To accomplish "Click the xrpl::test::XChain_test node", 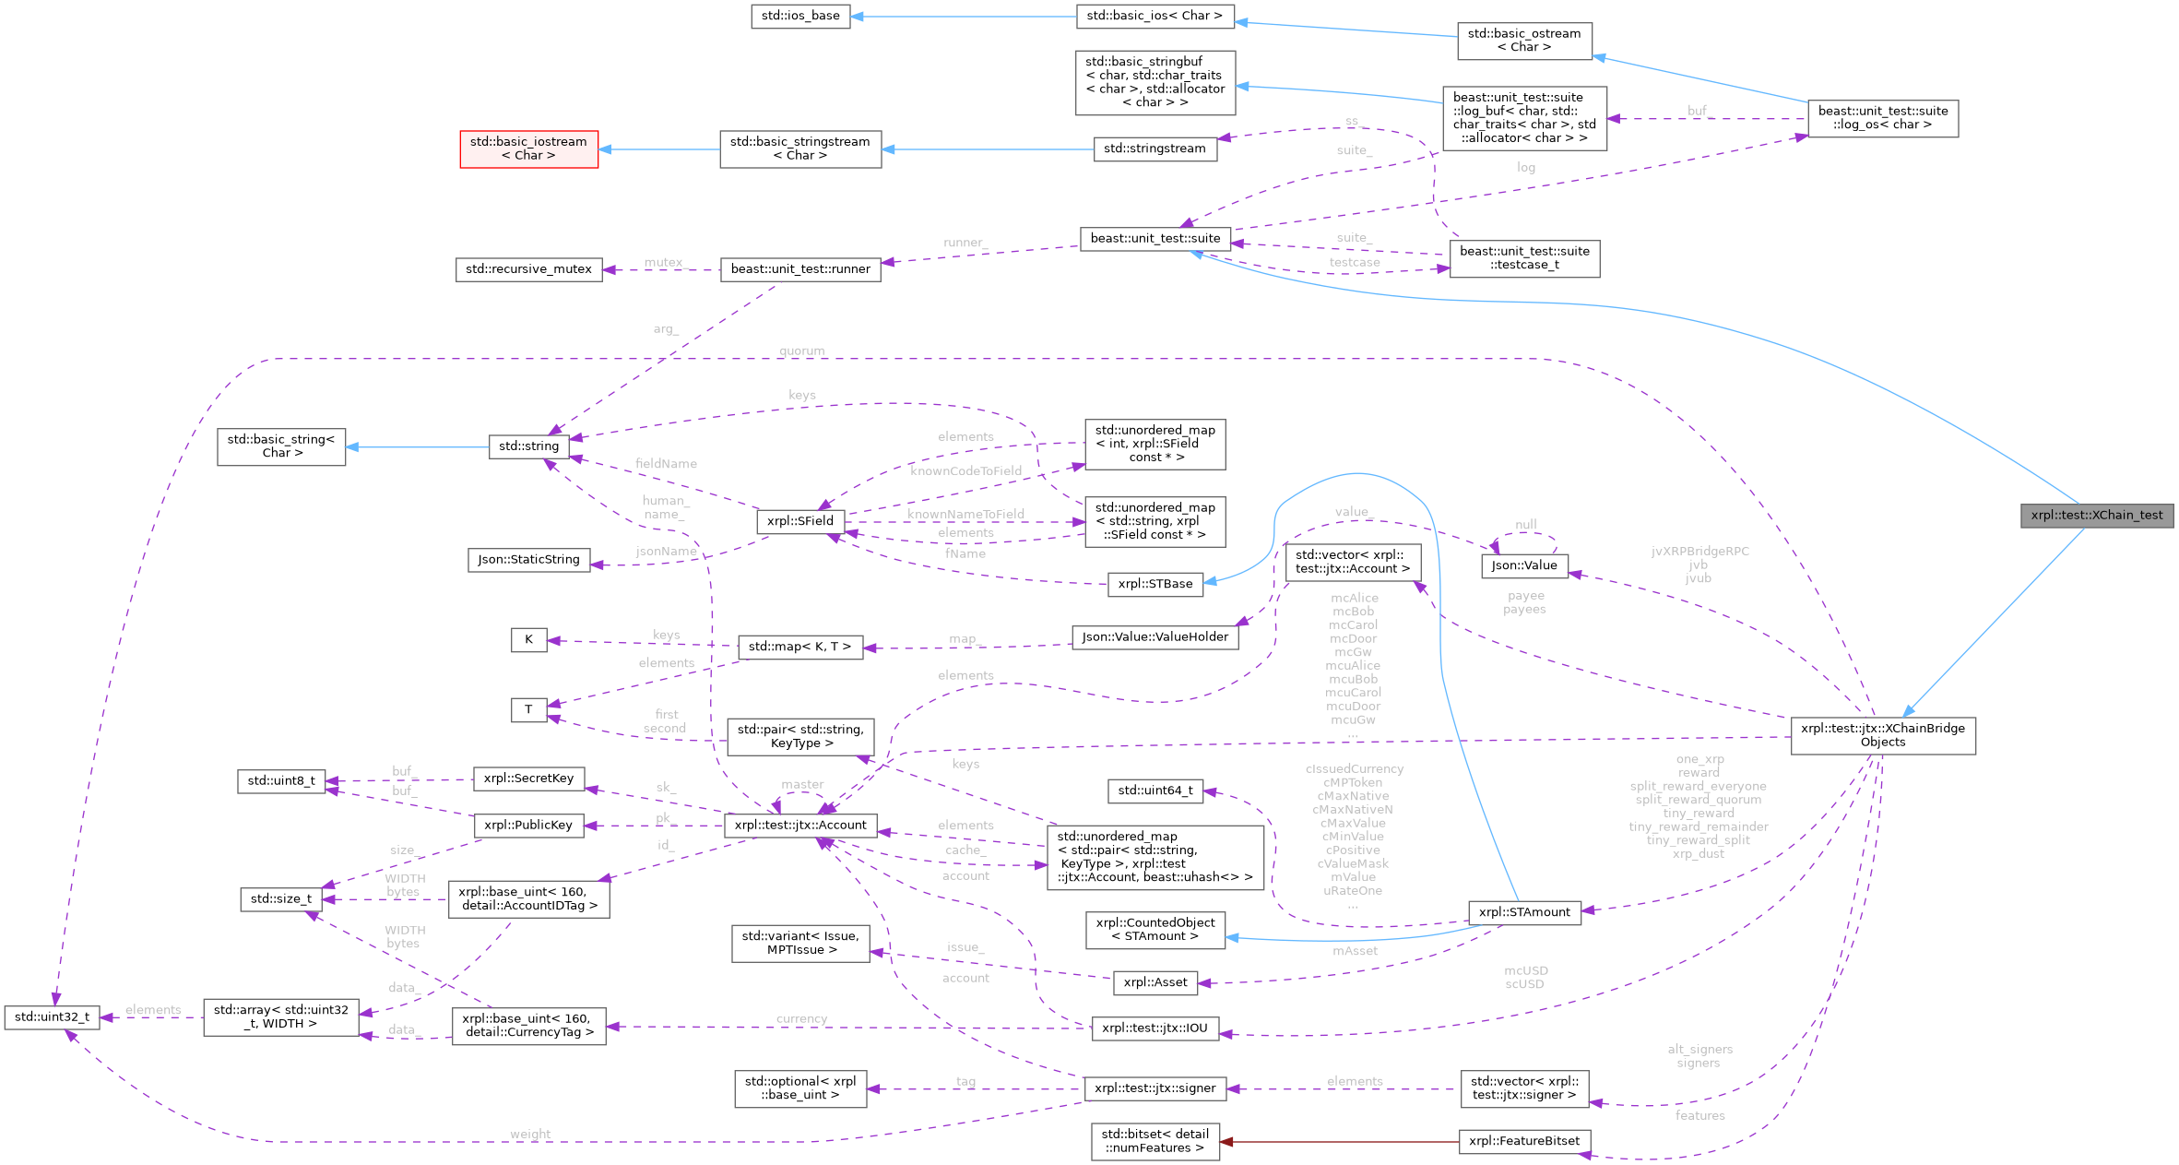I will [2096, 516].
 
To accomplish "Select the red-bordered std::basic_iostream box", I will [528, 149].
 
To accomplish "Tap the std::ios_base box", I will [799, 16].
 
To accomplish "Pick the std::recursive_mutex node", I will [528, 269].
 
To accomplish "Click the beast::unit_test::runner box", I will [799, 269].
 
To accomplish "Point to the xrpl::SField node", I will [799, 521].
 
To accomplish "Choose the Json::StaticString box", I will [528, 560].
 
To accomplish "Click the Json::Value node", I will [1523, 566].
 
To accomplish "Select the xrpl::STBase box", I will [1155, 584].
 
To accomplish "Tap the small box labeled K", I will [528, 639].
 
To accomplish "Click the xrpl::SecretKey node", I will [528, 779].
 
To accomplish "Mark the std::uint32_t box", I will [52, 1017].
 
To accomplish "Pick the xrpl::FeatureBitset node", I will [1523, 1142].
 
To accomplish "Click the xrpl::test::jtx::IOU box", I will [1155, 1028].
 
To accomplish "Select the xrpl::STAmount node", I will [1523, 912].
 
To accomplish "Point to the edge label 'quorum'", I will [801, 351].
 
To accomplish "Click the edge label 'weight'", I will [530, 1135].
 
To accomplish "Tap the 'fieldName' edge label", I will [666, 464].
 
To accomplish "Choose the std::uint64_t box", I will [1155, 791].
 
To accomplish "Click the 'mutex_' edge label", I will [664, 263].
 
